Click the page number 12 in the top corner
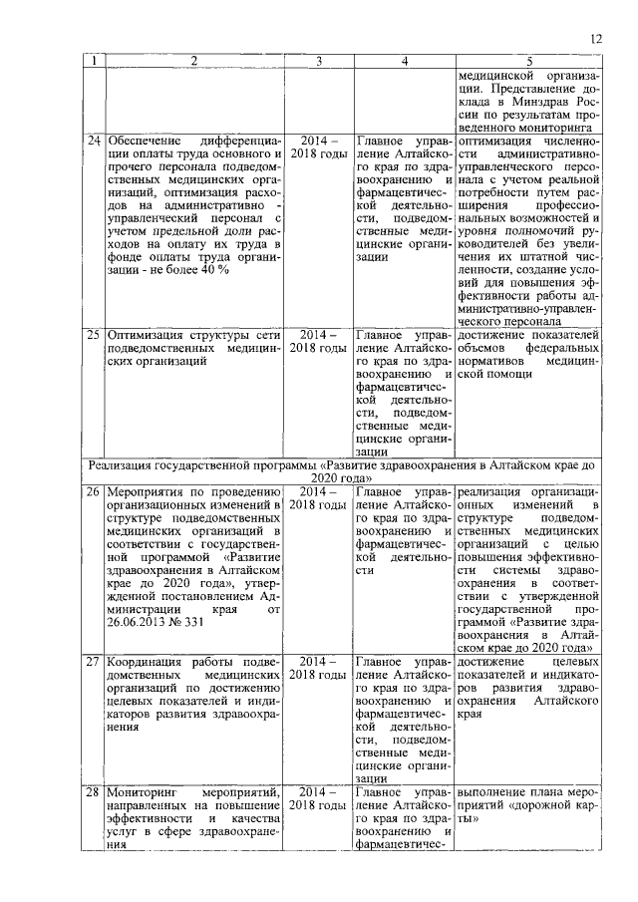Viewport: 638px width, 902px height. [x=596, y=39]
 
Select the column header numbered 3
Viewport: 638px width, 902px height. [x=318, y=61]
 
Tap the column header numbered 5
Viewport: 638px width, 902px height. [x=528, y=61]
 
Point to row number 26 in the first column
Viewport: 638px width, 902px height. [x=93, y=491]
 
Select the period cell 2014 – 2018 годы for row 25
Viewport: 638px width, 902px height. [x=318, y=342]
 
